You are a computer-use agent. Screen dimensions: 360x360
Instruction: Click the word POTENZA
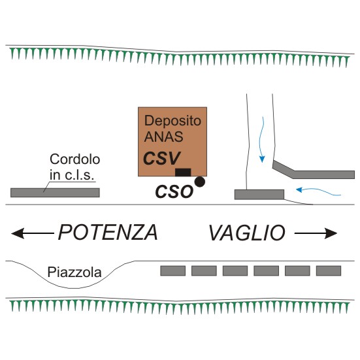point(108,233)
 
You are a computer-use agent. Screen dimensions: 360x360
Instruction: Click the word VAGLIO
point(247,233)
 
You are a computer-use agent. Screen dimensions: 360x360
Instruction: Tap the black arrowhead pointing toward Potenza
point(18,233)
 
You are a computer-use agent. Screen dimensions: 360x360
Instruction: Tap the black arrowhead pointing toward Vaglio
point(331,233)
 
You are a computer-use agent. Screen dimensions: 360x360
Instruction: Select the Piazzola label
point(74,272)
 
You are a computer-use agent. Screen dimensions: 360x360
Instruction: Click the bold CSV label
point(161,158)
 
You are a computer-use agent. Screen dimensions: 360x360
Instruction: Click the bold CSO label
point(174,191)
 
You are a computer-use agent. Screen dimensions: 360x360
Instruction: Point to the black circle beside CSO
point(200,182)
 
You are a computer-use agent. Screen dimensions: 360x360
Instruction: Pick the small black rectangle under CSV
point(183,172)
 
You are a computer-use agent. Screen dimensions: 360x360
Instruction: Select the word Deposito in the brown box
point(172,120)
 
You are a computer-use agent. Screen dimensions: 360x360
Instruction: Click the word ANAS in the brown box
point(164,137)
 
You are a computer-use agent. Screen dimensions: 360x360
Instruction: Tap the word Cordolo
point(75,159)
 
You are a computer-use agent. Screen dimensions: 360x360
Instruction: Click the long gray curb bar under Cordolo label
point(55,193)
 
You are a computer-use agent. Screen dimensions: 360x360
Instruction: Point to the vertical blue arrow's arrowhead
point(262,159)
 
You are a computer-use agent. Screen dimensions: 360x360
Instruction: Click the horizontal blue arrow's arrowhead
point(299,189)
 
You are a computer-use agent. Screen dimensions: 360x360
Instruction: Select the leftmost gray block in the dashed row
point(173,271)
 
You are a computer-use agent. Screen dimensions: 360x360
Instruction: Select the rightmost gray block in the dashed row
point(329,271)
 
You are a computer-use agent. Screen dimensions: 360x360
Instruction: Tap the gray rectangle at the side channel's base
point(259,195)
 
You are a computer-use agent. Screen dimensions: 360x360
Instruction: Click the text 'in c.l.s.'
point(72,175)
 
